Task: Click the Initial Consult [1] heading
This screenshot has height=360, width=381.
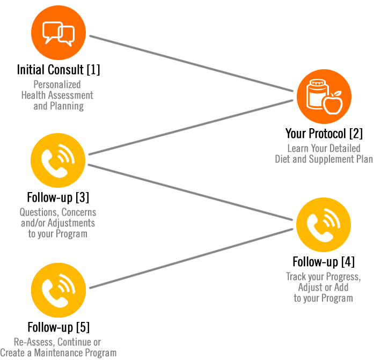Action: (x=58, y=70)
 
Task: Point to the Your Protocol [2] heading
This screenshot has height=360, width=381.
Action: (x=324, y=133)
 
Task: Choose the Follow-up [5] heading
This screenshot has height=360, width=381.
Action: (x=58, y=327)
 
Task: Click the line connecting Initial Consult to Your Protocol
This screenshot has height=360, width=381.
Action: (x=193, y=67)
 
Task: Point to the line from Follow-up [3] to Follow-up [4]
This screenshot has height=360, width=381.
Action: (x=193, y=193)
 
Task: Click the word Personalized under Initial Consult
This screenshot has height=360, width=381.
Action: (x=57, y=84)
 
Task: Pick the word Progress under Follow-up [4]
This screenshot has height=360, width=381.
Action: (x=341, y=277)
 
